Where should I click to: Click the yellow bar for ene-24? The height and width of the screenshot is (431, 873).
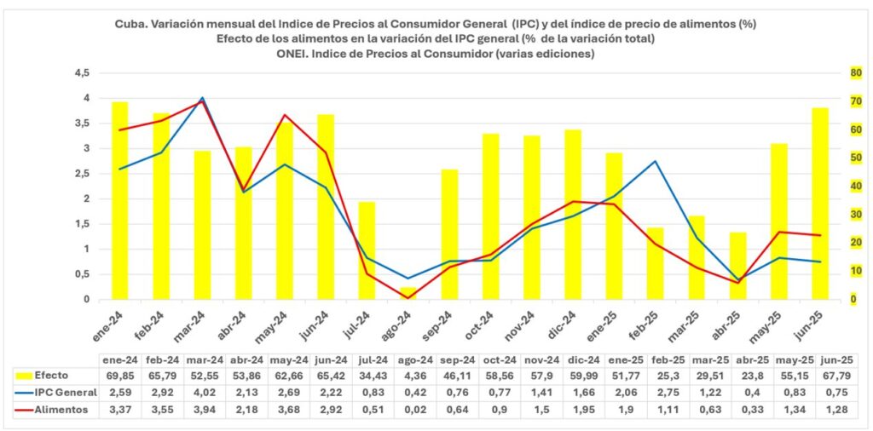click(x=119, y=201)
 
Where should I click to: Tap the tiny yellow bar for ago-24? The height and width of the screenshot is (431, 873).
click(x=408, y=294)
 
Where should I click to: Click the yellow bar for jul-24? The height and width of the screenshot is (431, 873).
click(x=367, y=250)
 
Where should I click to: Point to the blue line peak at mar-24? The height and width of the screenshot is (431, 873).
click(x=202, y=98)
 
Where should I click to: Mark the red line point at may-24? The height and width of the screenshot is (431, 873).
click(x=285, y=115)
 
